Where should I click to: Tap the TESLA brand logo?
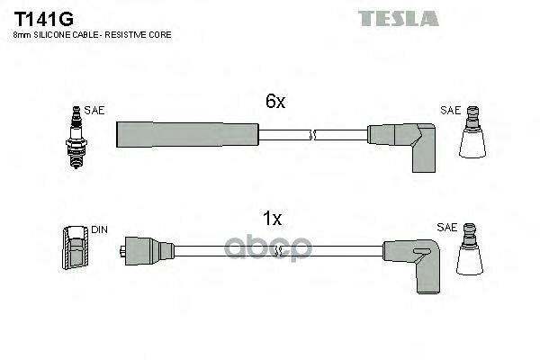[398, 18]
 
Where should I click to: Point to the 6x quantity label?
[274, 103]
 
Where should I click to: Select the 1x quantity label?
[272, 219]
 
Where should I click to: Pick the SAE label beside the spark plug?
[95, 110]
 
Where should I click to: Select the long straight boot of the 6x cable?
[187, 134]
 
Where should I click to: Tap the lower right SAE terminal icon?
[471, 252]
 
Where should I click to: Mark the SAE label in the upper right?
[449, 110]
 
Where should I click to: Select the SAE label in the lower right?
[446, 228]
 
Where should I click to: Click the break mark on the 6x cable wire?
[312, 135]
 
